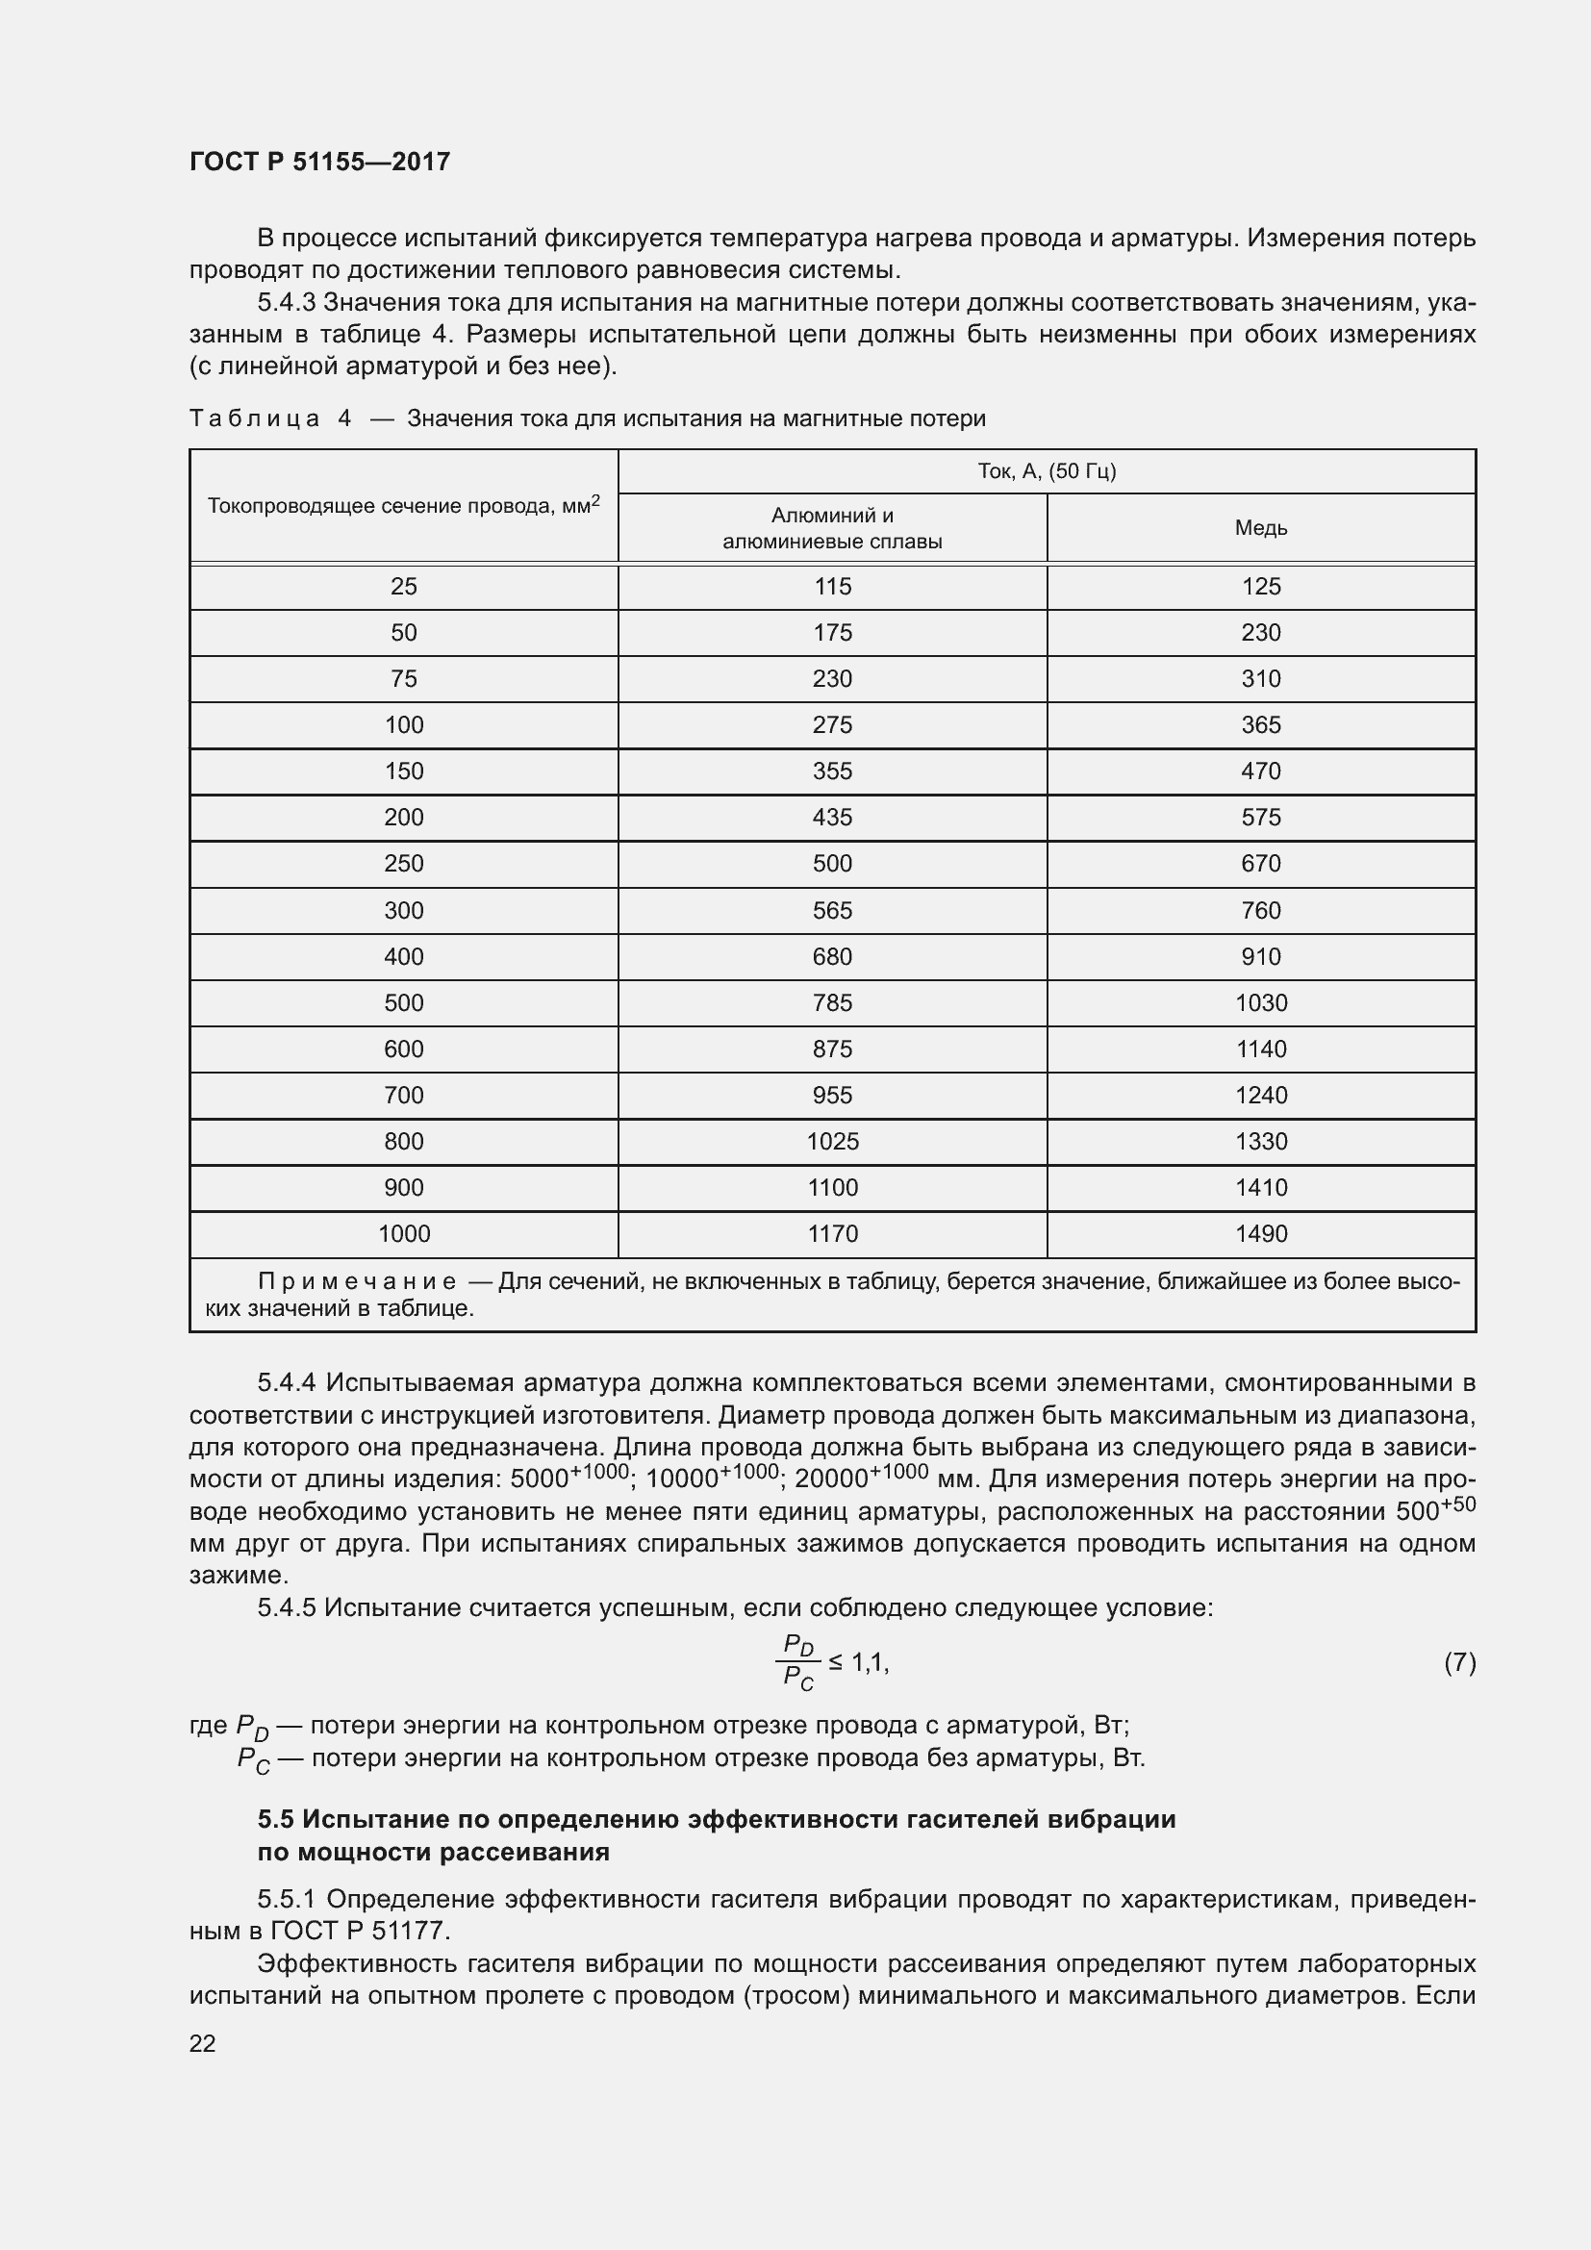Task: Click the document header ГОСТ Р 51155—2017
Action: tap(319, 162)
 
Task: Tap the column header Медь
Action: tap(1260, 528)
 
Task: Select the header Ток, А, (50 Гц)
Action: tap(1047, 471)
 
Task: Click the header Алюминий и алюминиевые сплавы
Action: tap(832, 528)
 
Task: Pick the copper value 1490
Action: tap(1260, 1234)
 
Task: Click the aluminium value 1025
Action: tap(832, 1142)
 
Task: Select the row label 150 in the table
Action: tap(404, 771)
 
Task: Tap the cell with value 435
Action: tap(832, 818)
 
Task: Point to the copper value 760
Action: tap(1260, 910)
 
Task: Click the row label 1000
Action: tap(404, 1234)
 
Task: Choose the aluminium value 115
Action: tap(832, 586)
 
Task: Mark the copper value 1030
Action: tap(1260, 1002)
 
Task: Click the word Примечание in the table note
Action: tap(357, 1281)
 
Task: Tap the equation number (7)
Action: tap(1459, 1662)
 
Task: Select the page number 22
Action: tap(202, 2043)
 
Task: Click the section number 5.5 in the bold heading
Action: tap(275, 1820)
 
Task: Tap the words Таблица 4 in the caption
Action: tap(269, 418)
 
